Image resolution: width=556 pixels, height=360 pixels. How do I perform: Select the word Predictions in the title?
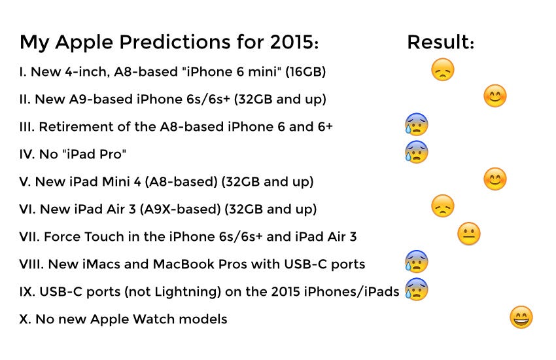(175, 42)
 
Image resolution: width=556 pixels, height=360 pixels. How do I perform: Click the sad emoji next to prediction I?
(443, 69)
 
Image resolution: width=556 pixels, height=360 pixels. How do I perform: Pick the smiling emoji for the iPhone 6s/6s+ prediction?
(495, 96)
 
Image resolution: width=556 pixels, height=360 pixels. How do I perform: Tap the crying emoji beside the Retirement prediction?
(416, 124)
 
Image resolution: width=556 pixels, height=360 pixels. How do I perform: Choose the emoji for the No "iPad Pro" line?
(416, 151)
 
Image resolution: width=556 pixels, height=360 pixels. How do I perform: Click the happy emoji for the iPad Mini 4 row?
(495, 179)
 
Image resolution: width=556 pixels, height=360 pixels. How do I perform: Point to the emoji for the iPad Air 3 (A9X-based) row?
(443, 206)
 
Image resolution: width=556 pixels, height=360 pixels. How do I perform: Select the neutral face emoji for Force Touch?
(469, 234)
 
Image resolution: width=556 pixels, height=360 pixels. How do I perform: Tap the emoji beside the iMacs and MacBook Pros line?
(416, 261)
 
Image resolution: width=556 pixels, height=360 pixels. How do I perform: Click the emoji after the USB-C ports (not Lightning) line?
(416, 289)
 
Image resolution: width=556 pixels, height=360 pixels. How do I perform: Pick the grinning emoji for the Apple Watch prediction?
(521, 317)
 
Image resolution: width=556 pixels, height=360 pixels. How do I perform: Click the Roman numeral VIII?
(31, 264)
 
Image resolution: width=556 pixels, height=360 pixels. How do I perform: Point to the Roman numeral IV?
(27, 154)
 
